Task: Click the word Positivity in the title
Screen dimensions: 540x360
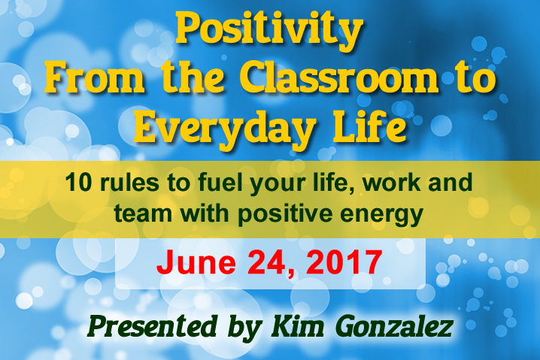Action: coord(269,31)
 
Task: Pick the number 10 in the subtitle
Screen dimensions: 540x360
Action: coord(78,183)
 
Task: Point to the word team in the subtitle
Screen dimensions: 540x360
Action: coord(143,213)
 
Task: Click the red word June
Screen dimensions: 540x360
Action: coord(196,262)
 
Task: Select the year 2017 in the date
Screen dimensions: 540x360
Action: coord(344,262)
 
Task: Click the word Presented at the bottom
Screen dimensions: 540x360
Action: coord(152,326)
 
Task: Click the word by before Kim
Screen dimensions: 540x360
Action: coord(245,328)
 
